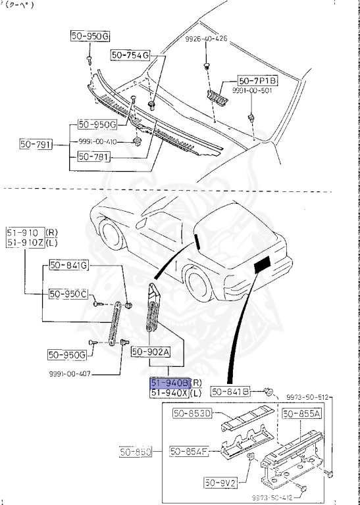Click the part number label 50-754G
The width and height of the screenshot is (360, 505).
pos(130,55)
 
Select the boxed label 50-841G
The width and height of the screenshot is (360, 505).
pos(68,265)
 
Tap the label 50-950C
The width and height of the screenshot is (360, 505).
pos(68,293)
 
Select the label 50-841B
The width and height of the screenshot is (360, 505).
pos(230,392)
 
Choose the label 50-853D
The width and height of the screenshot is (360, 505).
pos(192,414)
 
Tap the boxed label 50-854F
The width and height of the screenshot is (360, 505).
pos(190,451)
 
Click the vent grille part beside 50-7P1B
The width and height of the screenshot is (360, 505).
pos(218,97)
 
